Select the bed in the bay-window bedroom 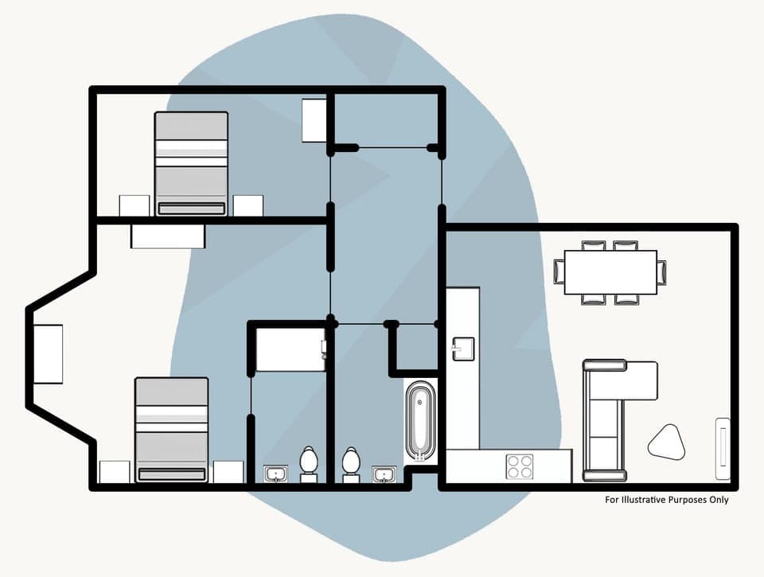click(x=171, y=430)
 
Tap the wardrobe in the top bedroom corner click(x=314, y=120)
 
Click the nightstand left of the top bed click(x=134, y=205)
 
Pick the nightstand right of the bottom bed click(x=228, y=472)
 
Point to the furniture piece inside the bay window click(x=48, y=354)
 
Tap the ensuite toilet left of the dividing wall click(x=309, y=464)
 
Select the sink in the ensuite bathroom click(x=276, y=474)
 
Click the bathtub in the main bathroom click(x=421, y=421)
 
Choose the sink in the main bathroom click(x=384, y=475)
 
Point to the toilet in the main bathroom click(x=350, y=464)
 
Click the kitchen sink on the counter click(x=462, y=348)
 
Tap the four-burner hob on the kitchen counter click(x=520, y=466)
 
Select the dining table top click(x=610, y=272)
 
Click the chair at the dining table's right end click(x=662, y=272)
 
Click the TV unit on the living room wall click(x=723, y=448)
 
